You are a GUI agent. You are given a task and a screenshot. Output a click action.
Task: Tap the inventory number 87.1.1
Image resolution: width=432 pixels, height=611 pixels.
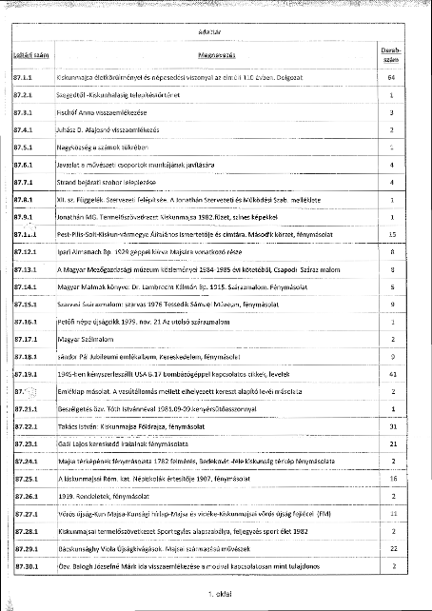[24, 77]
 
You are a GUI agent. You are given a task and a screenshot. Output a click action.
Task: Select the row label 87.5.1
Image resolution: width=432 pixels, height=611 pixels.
[24, 148]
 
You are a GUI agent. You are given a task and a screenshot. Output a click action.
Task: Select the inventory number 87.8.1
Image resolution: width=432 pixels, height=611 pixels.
[24, 199]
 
